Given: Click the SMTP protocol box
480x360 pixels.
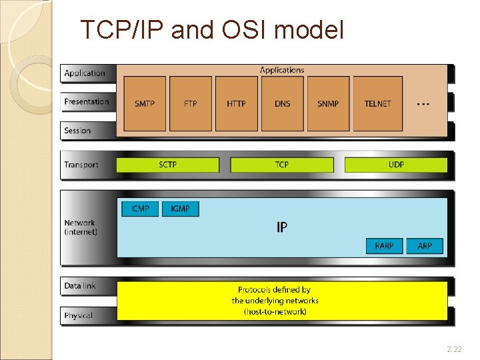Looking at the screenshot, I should [145, 103].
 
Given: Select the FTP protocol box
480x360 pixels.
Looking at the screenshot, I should [191, 103].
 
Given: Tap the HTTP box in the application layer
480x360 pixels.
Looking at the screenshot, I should [236, 103].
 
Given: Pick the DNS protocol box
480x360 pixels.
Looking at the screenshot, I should [283, 103].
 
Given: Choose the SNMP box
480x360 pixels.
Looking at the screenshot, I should [328, 103].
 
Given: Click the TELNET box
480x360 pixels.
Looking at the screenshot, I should [377, 103].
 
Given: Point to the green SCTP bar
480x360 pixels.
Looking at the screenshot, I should [168, 165].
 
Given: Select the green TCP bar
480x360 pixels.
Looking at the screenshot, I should [282, 165].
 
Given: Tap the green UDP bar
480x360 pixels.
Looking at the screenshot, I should [396, 165].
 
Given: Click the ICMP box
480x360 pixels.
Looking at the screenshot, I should [140, 209].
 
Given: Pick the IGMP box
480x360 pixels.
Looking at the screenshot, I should [180, 209].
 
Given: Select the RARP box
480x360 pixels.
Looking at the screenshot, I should [384, 245].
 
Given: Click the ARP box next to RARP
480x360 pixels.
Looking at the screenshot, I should [425, 245].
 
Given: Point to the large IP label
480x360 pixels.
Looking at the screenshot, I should [282, 227].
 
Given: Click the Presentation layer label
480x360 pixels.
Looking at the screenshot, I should [87, 102].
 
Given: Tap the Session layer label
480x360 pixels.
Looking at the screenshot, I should [77, 131].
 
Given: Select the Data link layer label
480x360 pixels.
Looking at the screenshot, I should [80, 286].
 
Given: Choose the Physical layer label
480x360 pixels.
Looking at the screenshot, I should [79, 315].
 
